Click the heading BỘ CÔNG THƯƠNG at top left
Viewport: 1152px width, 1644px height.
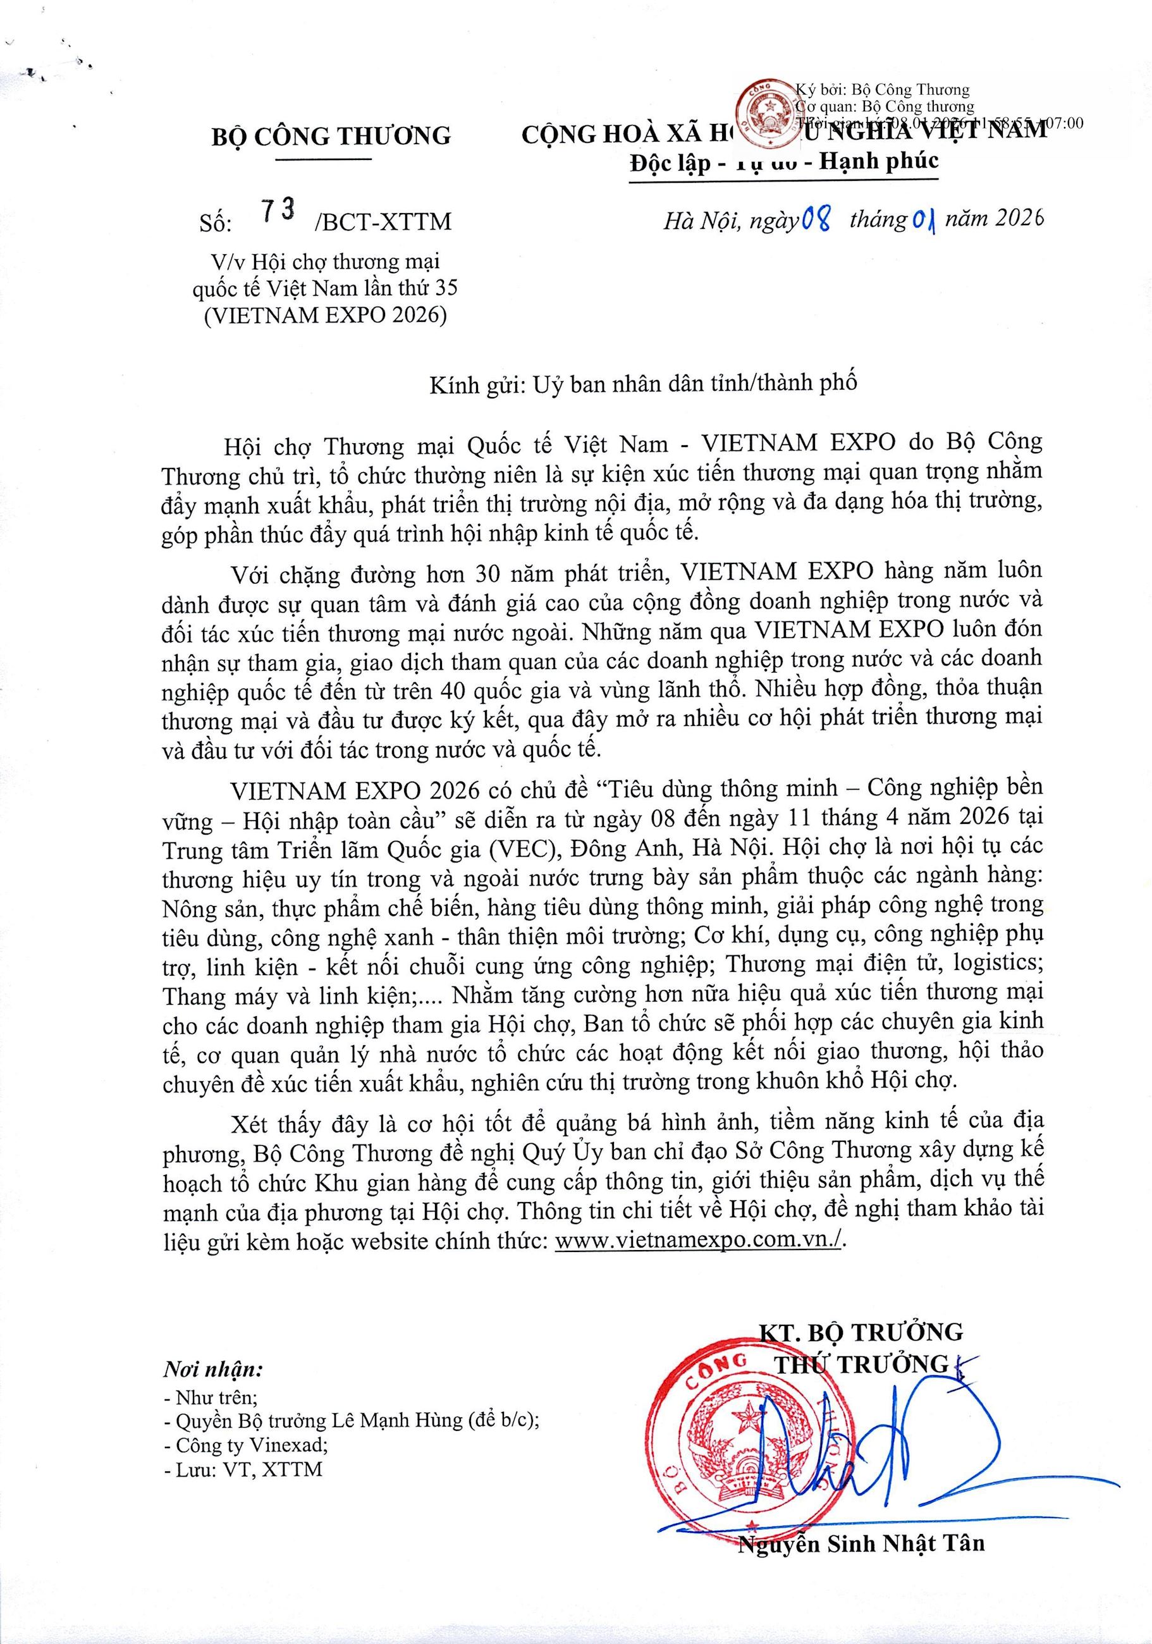tap(331, 135)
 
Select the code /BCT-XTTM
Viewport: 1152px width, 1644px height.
tap(383, 222)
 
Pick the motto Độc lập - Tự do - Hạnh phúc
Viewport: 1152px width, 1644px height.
tap(783, 161)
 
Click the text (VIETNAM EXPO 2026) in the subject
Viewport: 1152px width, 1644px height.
tap(325, 314)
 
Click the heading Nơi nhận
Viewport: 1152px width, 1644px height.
tap(212, 1370)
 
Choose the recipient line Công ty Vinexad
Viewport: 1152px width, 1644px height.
tap(245, 1445)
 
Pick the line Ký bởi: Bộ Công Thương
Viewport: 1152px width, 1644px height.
tap(882, 90)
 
